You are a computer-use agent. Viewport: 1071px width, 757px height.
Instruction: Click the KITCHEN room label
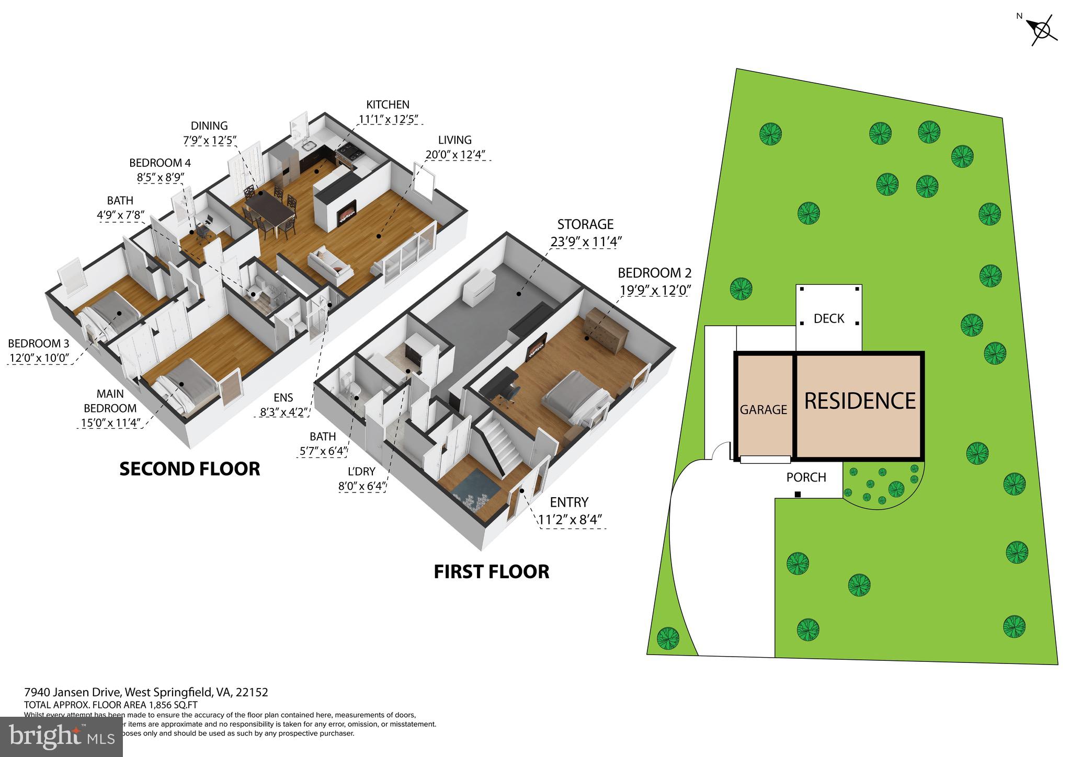388,105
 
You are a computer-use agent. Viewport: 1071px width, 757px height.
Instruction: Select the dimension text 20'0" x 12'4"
455,155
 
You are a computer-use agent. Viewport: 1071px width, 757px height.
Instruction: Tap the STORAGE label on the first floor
585,225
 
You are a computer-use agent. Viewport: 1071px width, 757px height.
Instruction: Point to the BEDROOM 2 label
654,273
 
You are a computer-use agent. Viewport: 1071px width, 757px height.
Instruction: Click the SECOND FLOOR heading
190,469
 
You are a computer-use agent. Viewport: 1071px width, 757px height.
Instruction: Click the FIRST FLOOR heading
491,571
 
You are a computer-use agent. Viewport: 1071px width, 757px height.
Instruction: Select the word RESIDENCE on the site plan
860,401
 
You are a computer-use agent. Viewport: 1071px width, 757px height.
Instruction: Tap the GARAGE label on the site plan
763,410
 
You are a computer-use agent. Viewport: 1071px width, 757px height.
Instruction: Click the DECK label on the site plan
829,318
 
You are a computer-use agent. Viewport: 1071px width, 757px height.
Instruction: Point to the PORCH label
806,477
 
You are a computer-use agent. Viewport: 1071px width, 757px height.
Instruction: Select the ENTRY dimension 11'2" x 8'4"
571,520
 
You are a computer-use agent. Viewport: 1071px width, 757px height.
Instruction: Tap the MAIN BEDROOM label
110,401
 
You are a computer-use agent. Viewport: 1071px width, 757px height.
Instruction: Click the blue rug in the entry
473,495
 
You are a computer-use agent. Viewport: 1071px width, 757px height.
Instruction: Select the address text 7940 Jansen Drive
73,693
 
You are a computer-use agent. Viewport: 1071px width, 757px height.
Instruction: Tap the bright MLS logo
61,737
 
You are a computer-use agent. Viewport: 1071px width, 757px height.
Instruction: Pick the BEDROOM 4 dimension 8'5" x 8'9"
161,178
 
